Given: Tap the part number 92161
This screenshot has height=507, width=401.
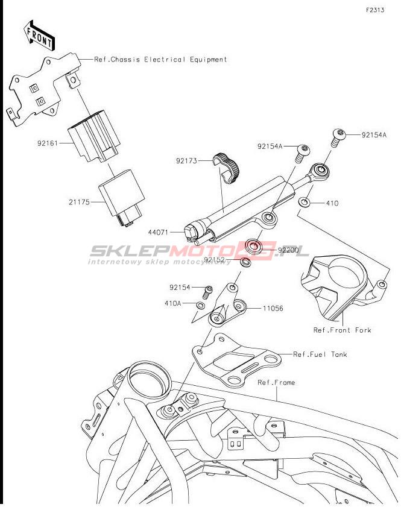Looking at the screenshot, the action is click(x=47, y=143).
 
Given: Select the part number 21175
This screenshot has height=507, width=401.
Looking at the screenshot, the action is click(x=79, y=202).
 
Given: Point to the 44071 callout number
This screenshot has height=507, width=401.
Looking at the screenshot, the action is click(x=158, y=232).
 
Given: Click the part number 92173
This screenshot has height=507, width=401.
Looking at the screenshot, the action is click(x=186, y=161).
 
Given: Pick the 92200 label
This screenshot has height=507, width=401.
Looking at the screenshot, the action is click(x=288, y=250).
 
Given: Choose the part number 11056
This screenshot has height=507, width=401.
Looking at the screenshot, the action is click(x=273, y=309).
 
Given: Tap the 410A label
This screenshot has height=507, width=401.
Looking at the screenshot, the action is click(x=173, y=303).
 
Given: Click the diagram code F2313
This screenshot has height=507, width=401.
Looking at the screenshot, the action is click(x=375, y=10).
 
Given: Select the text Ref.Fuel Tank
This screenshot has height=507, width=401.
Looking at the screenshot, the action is click(x=320, y=354).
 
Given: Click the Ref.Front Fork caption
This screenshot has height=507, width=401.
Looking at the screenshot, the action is click(x=342, y=330).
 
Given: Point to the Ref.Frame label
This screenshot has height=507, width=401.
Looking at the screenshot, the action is click(x=276, y=383).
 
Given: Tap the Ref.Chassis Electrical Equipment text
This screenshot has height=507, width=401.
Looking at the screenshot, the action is click(x=160, y=60).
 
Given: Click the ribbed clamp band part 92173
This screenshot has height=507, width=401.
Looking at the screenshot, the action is click(x=226, y=168).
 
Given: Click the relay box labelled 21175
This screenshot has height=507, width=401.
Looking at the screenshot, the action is click(x=122, y=198).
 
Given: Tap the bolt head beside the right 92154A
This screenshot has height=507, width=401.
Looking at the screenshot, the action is click(x=338, y=134).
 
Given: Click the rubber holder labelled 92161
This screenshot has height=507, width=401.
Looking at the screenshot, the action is click(x=94, y=136).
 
